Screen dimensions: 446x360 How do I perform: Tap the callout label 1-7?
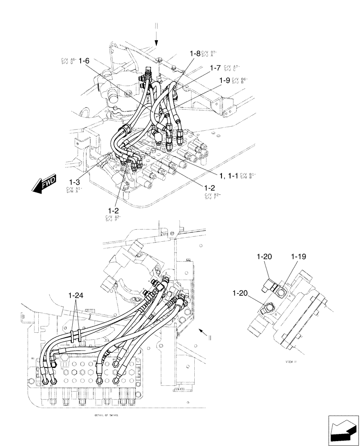click(x=215, y=68)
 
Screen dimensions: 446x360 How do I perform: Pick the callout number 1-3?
click(x=74, y=182)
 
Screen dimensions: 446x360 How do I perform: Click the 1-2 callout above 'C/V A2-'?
click(x=113, y=210)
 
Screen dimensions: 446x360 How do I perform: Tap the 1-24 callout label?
click(x=76, y=295)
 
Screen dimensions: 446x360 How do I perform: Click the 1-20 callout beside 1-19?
click(x=264, y=257)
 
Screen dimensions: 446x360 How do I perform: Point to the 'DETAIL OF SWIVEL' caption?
click(x=106, y=414)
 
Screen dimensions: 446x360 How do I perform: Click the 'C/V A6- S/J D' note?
click(x=67, y=61)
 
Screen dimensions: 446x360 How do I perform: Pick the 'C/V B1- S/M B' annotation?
click(x=248, y=175)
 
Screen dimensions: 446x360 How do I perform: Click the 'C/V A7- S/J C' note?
click(x=232, y=68)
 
